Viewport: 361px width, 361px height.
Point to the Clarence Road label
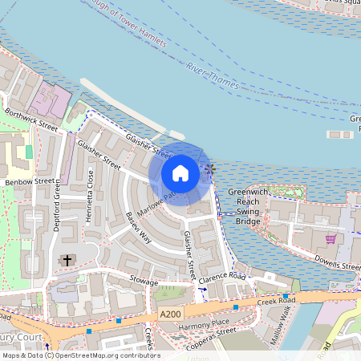pos(223,276)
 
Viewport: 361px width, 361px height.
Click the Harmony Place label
pos(204,323)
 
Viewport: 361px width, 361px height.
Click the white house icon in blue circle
pos(180,172)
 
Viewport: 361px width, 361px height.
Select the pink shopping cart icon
pos(330,239)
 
